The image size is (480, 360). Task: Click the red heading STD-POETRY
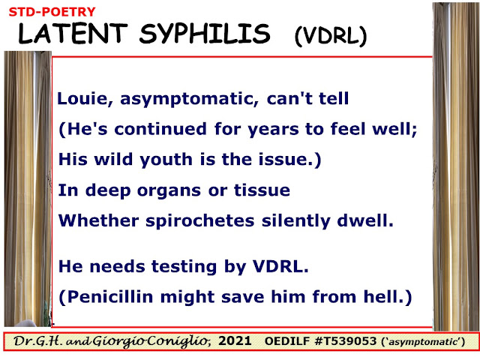[x=52, y=12]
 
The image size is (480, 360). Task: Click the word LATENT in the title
[x=73, y=33]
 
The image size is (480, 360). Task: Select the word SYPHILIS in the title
[x=205, y=34]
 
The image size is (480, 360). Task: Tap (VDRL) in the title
[x=331, y=36]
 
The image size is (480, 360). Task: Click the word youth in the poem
[x=166, y=160]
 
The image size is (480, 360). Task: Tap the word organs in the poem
[x=169, y=191]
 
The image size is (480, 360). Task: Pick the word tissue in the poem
[x=262, y=190]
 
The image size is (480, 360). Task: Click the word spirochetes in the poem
[x=200, y=221]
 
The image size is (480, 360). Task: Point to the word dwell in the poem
[x=365, y=220]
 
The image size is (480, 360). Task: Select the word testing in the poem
[x=184, y=267]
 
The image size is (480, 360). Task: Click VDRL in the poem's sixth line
[x=280, y=266]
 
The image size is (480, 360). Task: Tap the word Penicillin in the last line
[x=110, y=297]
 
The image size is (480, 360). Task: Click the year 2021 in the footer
[x=235, y=340]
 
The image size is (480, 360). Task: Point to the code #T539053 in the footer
[x=345, y=341]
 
